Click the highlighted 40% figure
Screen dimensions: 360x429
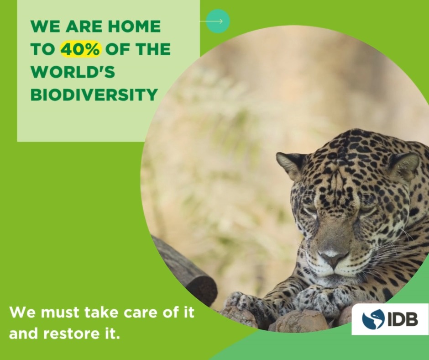[x=80, y=49]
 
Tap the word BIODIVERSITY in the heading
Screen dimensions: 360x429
[x=94, y=95]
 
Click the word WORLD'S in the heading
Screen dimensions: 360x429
[x=73, y=72]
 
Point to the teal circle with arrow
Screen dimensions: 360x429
[x=218, y=21]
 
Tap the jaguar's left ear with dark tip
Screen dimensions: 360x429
[x=292, y=164]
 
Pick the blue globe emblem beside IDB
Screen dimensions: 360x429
[x=373, y=319]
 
